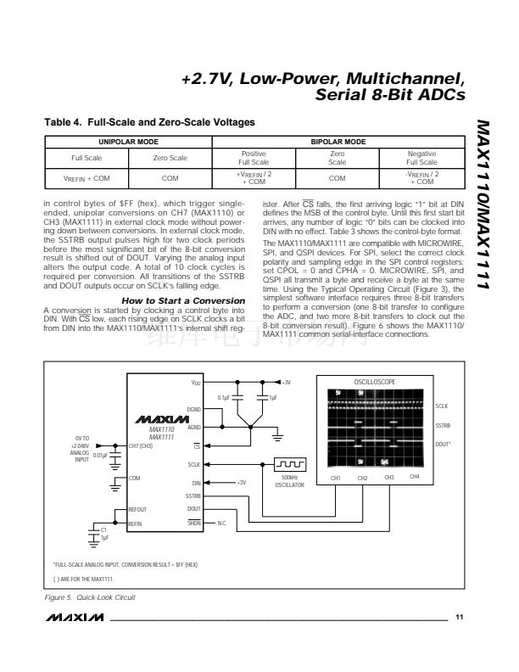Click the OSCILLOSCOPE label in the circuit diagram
pos(374,383)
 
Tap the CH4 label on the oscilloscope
pos(414,478)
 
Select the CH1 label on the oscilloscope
pos(335,479)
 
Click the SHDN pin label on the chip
pos(194,524)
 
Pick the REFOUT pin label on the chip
pos(137,509)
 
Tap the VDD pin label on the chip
pos(195,383)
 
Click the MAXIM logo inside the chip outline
pos(154,419)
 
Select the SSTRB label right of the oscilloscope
pos(442,424)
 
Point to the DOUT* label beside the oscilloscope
pos(442,443)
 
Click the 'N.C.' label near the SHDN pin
pos(222,524)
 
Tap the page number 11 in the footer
pos(459,617)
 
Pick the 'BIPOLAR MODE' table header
pos(338,142)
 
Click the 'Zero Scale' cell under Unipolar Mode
pos(170,158)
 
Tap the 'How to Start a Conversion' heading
pos(184,300)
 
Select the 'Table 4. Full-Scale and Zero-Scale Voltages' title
pos(150,123)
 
